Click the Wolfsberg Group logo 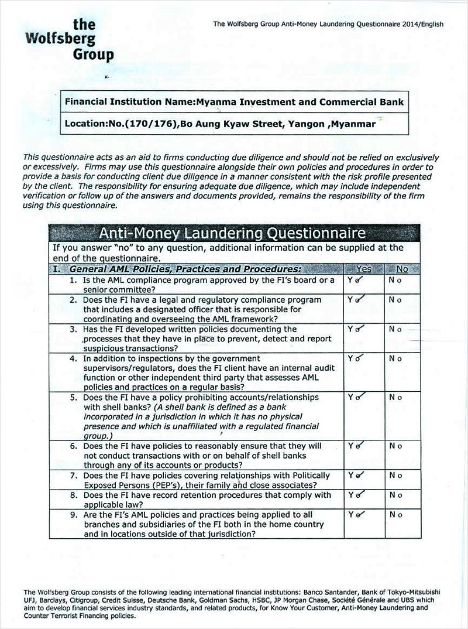[74, 40]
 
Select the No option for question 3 [395, 329]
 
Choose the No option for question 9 [395, 515]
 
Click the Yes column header [364, 269]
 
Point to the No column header [402, 269]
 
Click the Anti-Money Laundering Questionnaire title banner [232, 234]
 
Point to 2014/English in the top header [419, 25]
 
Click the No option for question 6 [395, 446]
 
